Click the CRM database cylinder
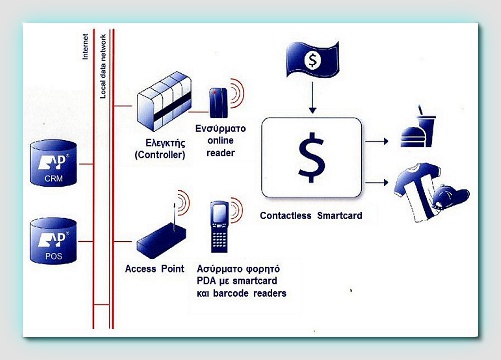coord(53,163)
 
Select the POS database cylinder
coord(53,241)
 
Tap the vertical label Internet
coord(86,47)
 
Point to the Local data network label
coord(103,66)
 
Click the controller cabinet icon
coord(164,101)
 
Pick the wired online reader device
coord(218,102)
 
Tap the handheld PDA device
coord(219,227)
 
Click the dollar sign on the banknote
coord(312,60)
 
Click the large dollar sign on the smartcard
coord(311,157)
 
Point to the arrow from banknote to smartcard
coord(312,98)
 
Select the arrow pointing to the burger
coord(377,141)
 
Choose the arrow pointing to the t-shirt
coord(377,182)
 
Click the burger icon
coord(413,137)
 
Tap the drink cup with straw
coord(426,127)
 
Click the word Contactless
coord(286,216)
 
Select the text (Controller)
coord(160,155)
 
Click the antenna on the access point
coord(174,217)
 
